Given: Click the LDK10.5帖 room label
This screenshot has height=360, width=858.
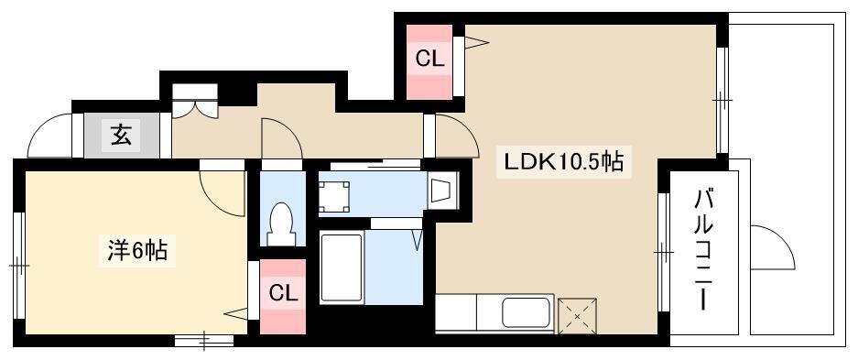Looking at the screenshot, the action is click(564, 161).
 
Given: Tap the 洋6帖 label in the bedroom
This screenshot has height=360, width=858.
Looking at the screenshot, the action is click(136, 251).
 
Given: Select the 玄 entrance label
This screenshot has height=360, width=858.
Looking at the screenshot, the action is click(122, 135).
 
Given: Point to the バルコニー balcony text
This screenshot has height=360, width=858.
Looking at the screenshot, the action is click(703, 250).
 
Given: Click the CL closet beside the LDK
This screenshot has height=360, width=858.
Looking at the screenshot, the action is click(430, 61).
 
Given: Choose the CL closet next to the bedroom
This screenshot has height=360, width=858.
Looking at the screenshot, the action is click(283, 297).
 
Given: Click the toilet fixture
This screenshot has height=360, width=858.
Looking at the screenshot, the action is click(281, 224).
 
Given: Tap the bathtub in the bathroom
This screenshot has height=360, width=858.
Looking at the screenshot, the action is click(342, 267).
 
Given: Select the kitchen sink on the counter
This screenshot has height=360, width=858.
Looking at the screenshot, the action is click(526, 313).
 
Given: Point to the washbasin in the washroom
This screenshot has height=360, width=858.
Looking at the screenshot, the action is click(441, 190).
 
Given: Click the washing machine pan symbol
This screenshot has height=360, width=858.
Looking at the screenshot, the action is click(334, 196).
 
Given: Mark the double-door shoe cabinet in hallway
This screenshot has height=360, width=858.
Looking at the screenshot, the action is click(195, 101).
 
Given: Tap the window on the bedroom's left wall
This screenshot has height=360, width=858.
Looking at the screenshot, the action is click(19, 266).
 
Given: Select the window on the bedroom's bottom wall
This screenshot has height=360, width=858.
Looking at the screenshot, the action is click(204, 340).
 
